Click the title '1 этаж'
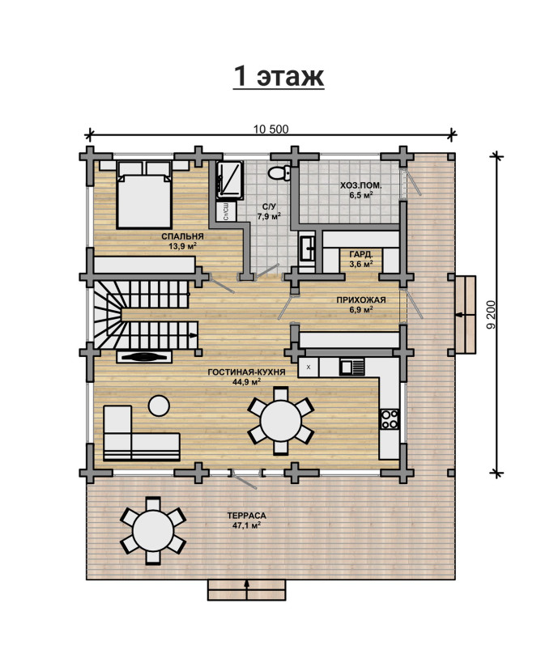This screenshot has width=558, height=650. (x=279, y=76)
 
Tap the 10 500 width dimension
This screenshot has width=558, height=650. (x=271, y=130)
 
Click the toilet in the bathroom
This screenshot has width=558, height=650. (x=279, y=172)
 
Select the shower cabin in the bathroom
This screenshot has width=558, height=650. (x=229, y=181)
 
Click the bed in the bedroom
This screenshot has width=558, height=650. (x=144, y=194)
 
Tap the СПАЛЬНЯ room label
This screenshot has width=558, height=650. (x=182, y=236)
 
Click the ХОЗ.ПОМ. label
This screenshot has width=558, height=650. (x=361, y=185)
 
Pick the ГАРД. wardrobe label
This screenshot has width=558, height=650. (x=361, y=254)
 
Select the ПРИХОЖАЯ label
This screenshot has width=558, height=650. (x=361, y=300)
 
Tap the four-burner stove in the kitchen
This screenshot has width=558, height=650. (x=390, y=418)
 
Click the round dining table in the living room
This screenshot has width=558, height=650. (x=280, y=421)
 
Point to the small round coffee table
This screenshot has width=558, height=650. (x=159, y=406)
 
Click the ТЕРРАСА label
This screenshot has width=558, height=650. (x=246, y=516)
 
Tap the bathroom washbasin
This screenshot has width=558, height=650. (x=308, y=248)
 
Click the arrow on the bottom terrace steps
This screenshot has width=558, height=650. (x=247, y=589)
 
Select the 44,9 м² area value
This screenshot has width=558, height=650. (x=246, y=382)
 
